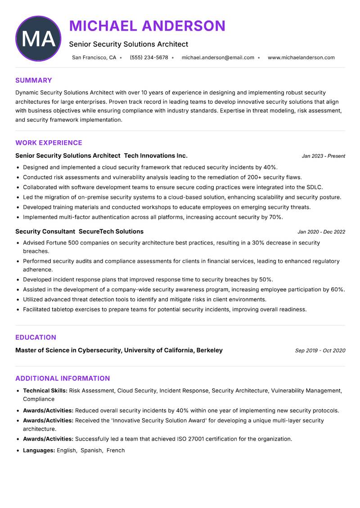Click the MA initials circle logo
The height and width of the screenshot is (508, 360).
coord(38,39)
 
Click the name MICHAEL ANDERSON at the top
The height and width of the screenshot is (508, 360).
coord(147,26)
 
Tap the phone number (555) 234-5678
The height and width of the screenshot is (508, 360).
coord(149,58)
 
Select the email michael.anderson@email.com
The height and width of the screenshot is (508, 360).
coord(218,58)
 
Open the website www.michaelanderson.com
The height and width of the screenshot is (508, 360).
coord(301,58)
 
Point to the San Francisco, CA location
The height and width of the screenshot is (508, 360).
coord(94,58)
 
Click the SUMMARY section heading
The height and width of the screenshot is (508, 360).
coord(34,80)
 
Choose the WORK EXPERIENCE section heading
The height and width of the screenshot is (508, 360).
coord(49,143)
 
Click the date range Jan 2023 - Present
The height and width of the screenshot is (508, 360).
coord(323,156)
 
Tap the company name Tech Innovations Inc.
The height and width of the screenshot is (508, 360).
coord(156,156)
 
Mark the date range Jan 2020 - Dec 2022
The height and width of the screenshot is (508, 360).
coord(321,232)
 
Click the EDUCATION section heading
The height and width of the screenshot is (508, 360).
coord(36,338)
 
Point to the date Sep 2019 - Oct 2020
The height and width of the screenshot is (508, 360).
coord(320,351)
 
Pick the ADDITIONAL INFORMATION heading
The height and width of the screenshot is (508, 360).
coord(63,379)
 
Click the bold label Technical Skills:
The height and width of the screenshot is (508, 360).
coord(45,391)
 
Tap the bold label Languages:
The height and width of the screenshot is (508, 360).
coord(39,450)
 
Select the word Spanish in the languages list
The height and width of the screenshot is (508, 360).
coord(91,450)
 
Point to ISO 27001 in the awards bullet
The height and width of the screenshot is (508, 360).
coord(200,439)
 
